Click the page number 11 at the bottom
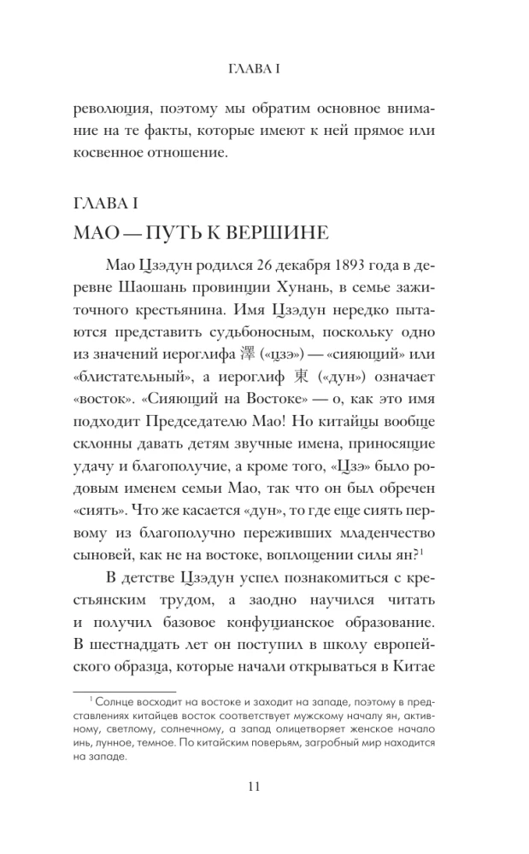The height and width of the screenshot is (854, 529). coord(263,787)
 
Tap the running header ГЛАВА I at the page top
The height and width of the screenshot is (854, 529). coord(264,66)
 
